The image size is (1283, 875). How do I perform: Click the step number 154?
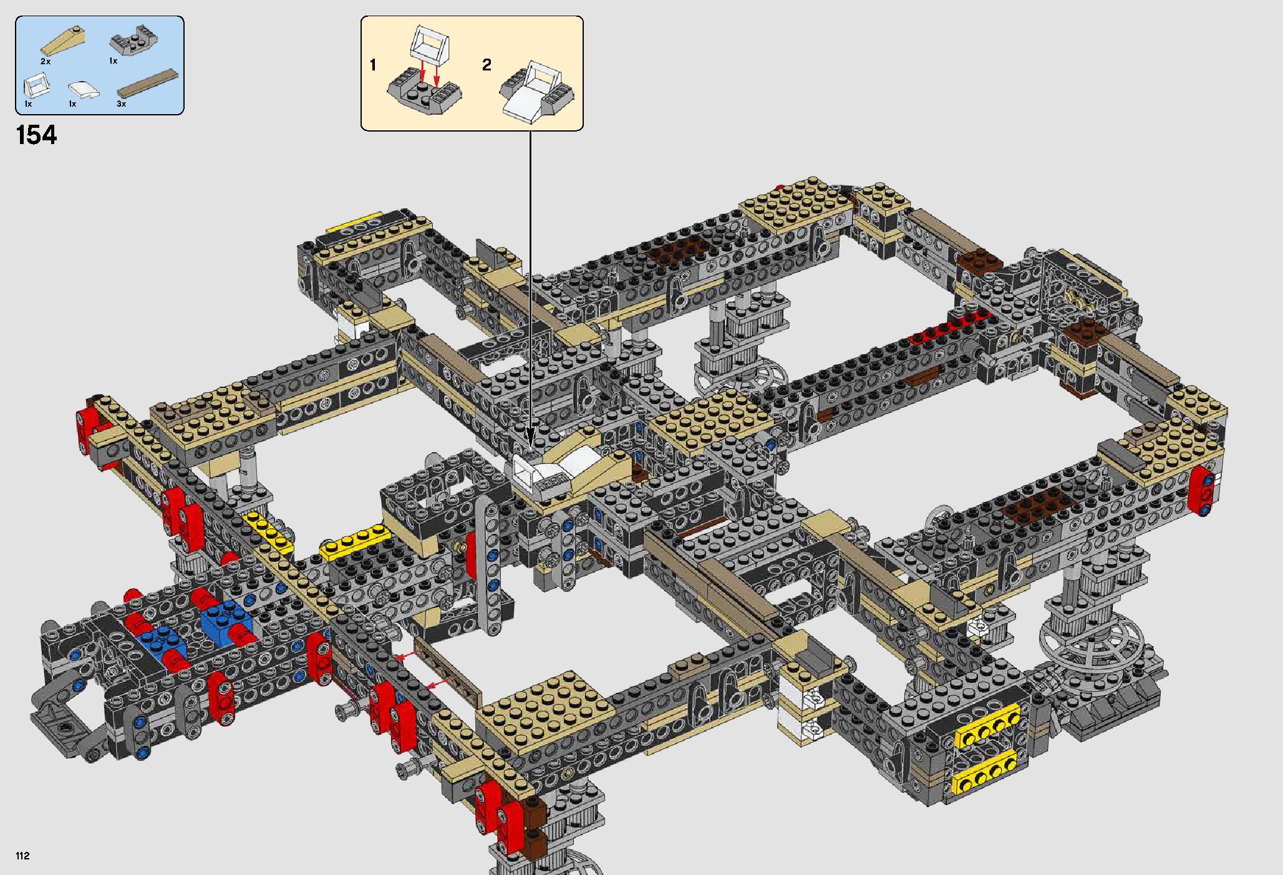[x=37, y=135]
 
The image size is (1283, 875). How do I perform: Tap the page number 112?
[x=22, y=856]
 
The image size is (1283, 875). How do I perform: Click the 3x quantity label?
[x=121, y=104]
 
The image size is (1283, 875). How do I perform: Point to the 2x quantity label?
[x=45, y=62]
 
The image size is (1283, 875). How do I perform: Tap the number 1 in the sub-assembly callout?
[x=373, y=65]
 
